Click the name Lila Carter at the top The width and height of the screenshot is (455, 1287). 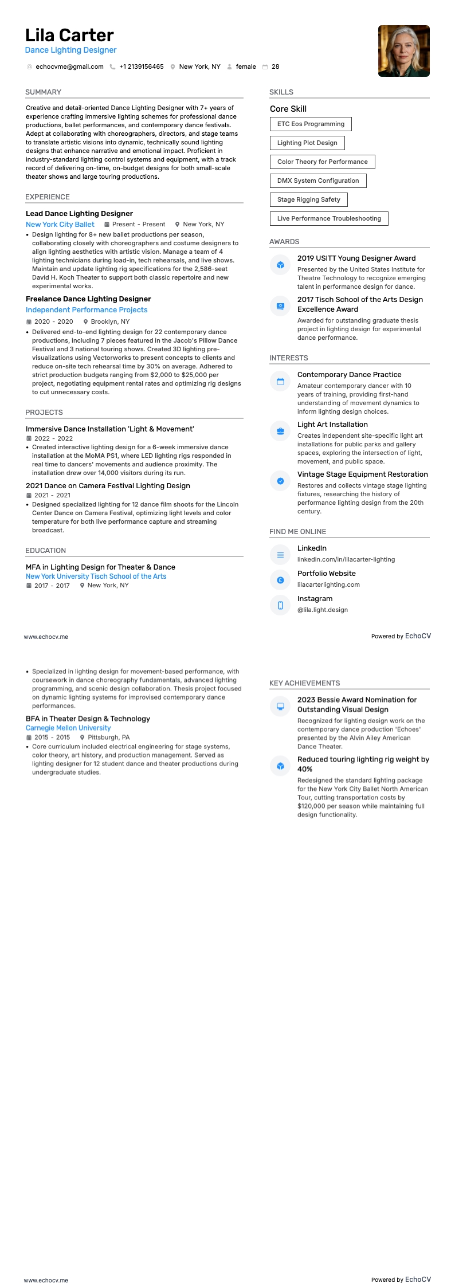[x=69, y=36]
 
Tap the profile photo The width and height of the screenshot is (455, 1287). [x=403, y=51]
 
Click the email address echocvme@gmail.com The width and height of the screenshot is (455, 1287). [x=69, y=67]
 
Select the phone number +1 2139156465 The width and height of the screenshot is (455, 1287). [x=141, y=67]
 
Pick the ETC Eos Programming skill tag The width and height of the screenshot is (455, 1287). [x=311, y=124]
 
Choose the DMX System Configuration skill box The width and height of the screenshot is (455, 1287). [x=318, y=181]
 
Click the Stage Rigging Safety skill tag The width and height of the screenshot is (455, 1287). [x=308, y=200]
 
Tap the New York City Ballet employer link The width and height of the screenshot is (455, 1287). [x=60, y=225]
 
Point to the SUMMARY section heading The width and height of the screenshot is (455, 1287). [x=43, y=92]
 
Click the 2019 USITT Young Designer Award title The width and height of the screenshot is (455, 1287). [x=356, y=258]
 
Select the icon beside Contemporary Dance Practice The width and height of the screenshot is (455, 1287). [x=280, y=382]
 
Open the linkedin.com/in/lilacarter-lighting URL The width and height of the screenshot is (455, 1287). [x=346, y=560]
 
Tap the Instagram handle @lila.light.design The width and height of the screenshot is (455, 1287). [x=323, y=610]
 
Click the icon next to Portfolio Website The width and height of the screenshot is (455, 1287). [x=280, y=580]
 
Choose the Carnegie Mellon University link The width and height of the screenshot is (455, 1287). [x=68, y=728]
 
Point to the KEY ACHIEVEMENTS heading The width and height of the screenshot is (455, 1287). [x=304, y=684]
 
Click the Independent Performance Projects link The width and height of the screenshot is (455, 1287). [x=87, y=310]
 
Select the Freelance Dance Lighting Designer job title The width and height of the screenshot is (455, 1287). [x=88, y=299]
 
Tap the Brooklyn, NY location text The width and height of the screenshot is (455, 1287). [x=110, y=322]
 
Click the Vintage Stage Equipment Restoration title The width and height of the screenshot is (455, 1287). [x=363, y=474]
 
